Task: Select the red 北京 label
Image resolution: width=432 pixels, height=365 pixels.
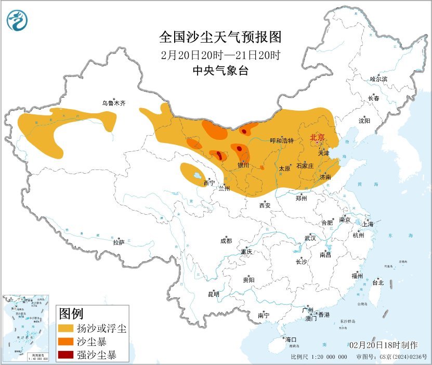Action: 317,137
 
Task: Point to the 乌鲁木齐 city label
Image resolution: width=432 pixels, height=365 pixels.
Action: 113,103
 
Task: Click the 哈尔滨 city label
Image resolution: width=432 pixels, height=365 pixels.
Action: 378,79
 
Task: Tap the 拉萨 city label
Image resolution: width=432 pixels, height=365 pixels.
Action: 119,242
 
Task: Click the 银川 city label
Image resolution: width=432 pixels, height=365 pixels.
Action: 243,165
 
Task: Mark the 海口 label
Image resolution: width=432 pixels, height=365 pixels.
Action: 291,340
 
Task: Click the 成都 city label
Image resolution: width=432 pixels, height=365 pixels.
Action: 226,241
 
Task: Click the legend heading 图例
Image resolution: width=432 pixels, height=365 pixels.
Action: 71,314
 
